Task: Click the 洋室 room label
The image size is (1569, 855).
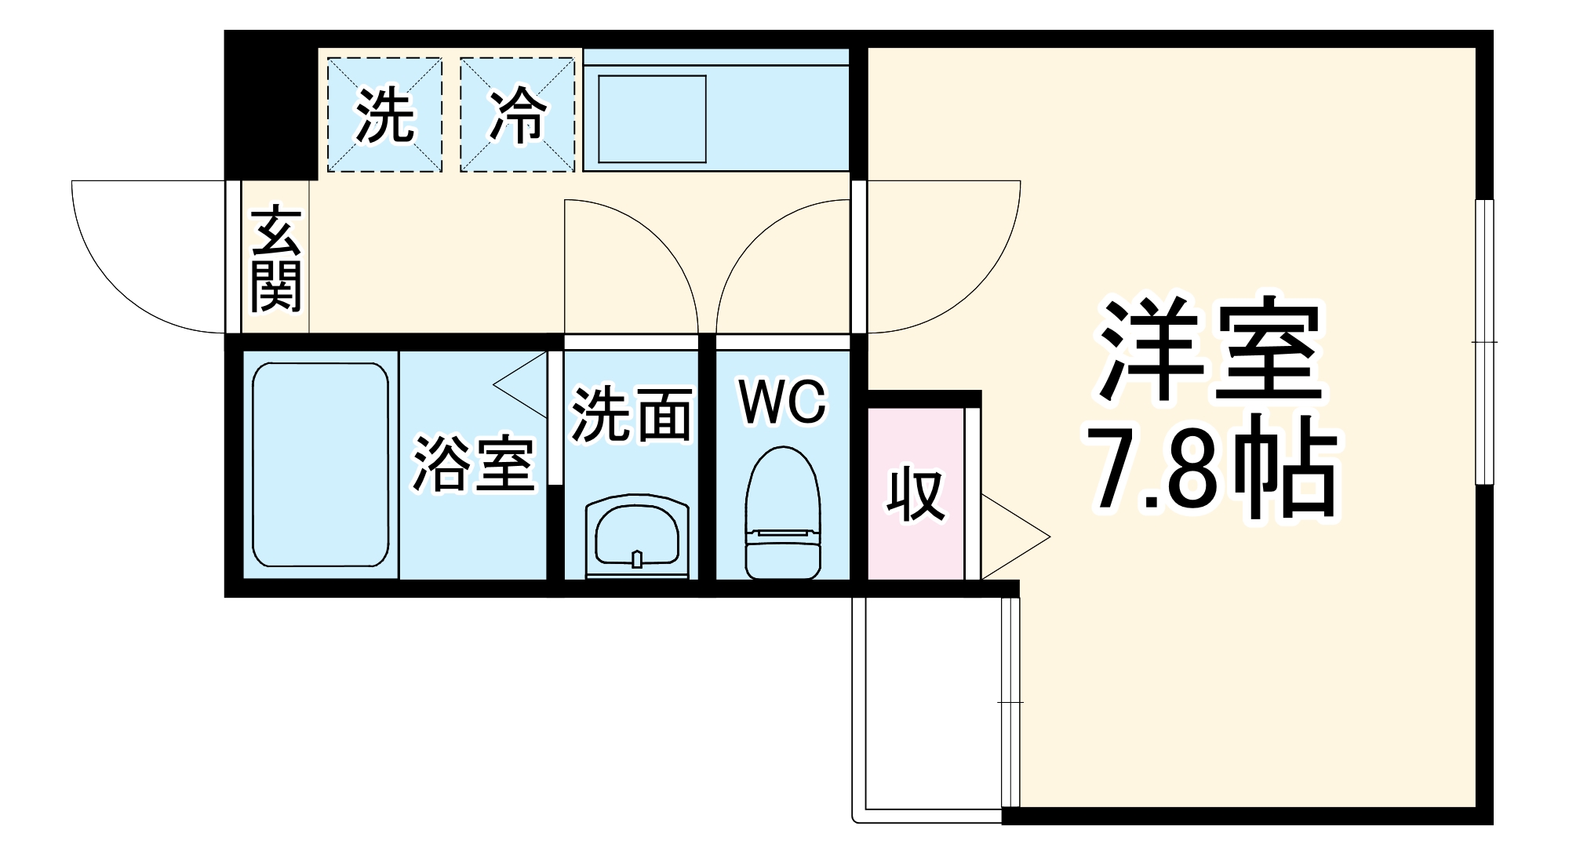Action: [1210, 351]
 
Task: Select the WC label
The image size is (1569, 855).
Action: [783, 402]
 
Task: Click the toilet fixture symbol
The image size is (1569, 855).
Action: [782, 514]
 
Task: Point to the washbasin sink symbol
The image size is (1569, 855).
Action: [637, 537]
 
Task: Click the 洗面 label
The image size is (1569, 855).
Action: [632, 414]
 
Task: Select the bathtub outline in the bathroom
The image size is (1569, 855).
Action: [321, 464]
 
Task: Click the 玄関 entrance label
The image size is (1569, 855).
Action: [276, 260]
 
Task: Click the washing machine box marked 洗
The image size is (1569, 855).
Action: [384, 115]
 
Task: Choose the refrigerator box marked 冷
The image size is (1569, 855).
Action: [518, 115]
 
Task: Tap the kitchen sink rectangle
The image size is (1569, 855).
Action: [652, 118]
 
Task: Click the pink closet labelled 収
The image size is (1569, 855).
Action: [916, 494]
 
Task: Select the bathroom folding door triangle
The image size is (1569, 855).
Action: [522, 384]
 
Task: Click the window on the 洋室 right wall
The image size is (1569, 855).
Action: [1483, 342]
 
